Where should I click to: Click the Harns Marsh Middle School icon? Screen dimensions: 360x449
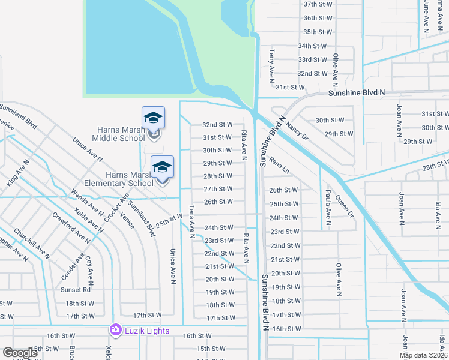(x=153, y=118)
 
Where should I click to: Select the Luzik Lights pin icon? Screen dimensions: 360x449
(x=115, y=331)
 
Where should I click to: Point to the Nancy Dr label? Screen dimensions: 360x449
(x=296, y=127)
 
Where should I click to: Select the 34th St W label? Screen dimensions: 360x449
(x=312, y=46)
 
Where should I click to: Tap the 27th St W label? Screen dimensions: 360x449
(x=218, y=189)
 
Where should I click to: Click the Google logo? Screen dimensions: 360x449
(x=20, y=353)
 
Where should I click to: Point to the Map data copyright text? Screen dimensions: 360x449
(x=423, y=355)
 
